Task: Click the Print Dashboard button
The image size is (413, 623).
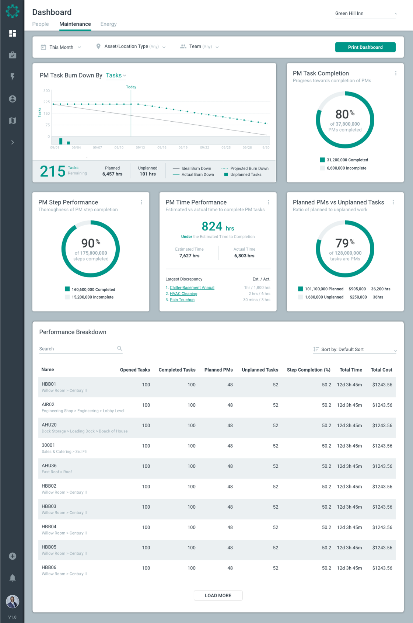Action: tap(365, 47)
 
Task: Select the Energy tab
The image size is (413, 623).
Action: tap(108, 24)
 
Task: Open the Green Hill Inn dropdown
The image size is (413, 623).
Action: tap(365, 14)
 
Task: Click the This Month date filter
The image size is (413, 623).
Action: tap(61, 47)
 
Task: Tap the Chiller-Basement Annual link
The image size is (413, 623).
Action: tap(192, 288)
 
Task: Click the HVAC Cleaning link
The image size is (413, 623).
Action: tap(183, 294)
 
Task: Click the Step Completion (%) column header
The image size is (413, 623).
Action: tap(308, 370)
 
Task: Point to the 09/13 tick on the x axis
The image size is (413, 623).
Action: tap(140, 147)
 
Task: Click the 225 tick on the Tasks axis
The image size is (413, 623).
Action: tap(46, 102)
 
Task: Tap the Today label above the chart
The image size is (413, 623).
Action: tap(131, 87)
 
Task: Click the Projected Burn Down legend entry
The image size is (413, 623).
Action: tap(249, 168)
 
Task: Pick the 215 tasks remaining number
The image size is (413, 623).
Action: tap(53, 171)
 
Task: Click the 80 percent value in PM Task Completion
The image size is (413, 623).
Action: tap(342, 114)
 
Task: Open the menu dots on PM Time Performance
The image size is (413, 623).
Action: tap(269, 202)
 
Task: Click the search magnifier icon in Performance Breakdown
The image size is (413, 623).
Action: tap(119, 348)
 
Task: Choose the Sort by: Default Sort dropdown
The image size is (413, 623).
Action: tap(355, 349)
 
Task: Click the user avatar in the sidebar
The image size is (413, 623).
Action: tap(13, 602)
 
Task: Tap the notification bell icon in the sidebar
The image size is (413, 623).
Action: tap(13, 578)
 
